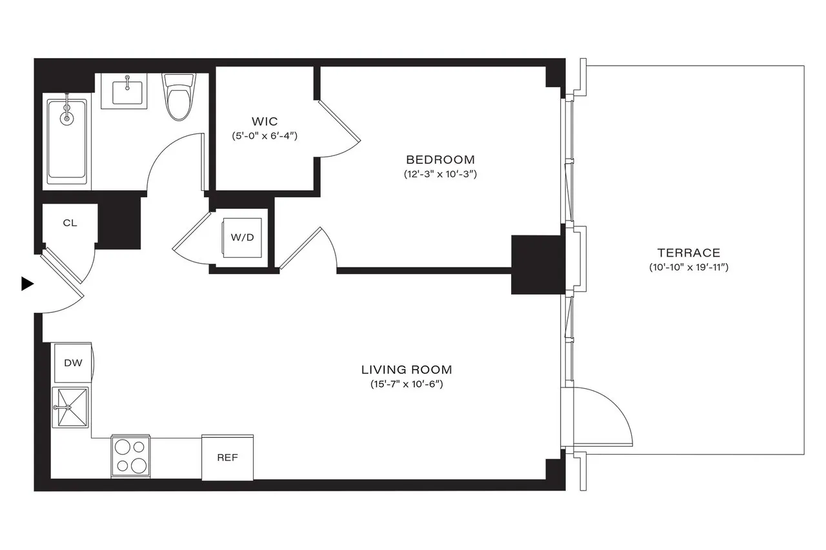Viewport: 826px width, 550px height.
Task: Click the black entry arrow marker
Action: pyautogui.click(x=26, y=284)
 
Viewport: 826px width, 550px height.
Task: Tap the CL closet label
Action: pyautogui.click(x=70, y=223)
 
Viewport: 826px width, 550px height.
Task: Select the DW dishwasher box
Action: pyautogui.click(x=73, y=363)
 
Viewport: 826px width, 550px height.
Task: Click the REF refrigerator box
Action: pyautogui.click(x=227, y=458)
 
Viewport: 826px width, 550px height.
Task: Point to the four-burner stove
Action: pyautogui.click(x=131, y=457)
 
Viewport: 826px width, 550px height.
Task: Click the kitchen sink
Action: pyautogui.click(x=71, y=407)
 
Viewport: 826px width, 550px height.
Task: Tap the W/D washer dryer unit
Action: pyautogui.click(x=243, y=237)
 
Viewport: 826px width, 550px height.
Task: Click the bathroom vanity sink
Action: pyautogui.click(x=127, y=89)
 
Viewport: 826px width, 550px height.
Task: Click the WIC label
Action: pyautogui.click(x=265, y=121)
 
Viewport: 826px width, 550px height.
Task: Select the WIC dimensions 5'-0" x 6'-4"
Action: pyautogui.click(x=265, y=136)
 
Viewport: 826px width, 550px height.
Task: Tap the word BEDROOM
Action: pyautogui.click(x=440, y=159)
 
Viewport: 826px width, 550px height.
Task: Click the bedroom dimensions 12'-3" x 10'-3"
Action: pyautogui.click(x=440, y=174)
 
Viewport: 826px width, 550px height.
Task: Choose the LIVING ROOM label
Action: pyautogui.click(x=407, y=370)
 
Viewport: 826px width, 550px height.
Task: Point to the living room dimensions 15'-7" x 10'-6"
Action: pyautogui.click(x=407, y=385)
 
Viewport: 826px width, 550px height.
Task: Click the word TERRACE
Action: pyautogui.click(x=689, y=253)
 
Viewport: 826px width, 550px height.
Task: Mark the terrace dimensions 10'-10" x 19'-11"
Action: pyautogui.click(x=689, y=268)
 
